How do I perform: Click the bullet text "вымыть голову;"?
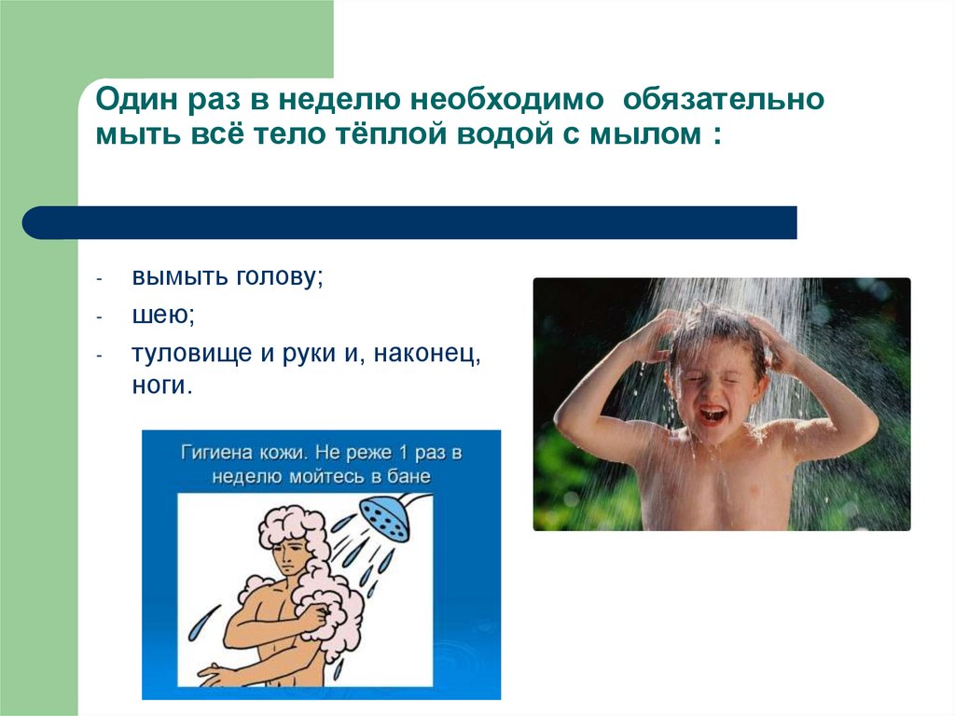tap(227, 278)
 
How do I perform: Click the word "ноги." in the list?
tap(161, 385)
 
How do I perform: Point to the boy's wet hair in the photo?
tap(713, 327)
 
